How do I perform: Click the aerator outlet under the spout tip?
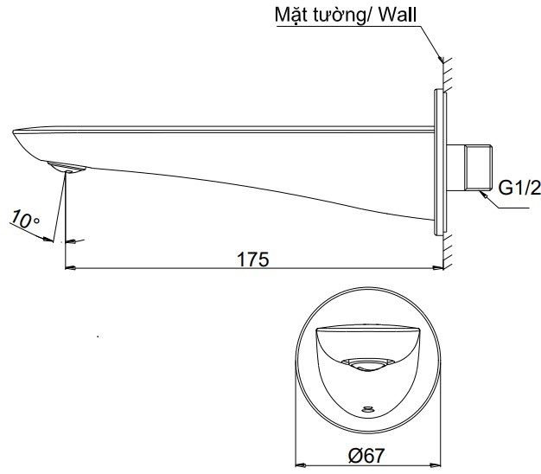[x=66, y=167]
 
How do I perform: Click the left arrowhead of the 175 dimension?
[x=71, y=268]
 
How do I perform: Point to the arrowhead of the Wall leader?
[x=441, y=60]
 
